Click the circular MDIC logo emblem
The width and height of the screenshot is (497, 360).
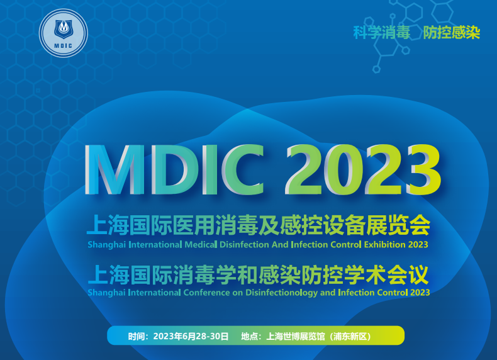64,30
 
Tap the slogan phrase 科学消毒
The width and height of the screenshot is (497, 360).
381,33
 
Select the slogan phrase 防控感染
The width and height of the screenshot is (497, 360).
452,33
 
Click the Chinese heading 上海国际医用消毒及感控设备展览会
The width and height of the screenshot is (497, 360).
260,225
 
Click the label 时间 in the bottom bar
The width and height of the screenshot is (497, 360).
136,336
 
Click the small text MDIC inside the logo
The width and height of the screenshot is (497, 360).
64,44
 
